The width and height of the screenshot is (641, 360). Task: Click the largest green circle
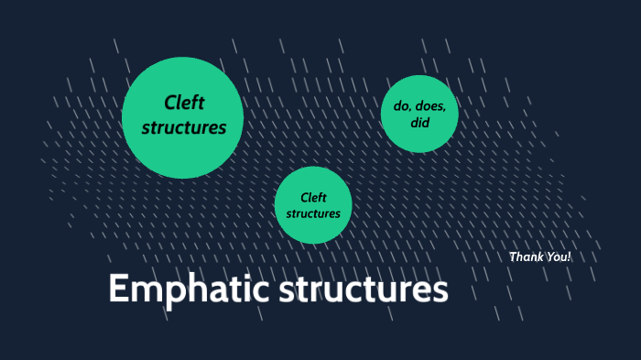coord(182,117)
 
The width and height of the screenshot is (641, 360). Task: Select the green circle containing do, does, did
coord(419,113)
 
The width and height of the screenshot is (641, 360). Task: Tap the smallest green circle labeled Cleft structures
coord(313,205)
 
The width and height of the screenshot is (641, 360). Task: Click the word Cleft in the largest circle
coord(183,102)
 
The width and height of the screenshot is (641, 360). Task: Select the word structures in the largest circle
coord(183,128)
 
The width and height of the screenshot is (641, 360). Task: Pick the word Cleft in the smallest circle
coord(313,197)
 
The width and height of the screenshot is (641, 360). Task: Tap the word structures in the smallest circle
coord(313,213)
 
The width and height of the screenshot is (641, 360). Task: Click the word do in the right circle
coord(402,106)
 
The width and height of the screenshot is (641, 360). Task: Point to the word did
coord(420,122)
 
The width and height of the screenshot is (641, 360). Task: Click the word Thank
coord(526,257)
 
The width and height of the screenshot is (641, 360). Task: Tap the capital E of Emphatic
coord(118,289)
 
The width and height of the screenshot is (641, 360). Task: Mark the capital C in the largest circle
coord(170,102)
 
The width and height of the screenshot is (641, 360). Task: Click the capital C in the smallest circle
coord(304,197)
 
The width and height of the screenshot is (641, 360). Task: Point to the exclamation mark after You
coord(569,257)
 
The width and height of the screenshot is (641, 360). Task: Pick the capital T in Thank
coord(513,257)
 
